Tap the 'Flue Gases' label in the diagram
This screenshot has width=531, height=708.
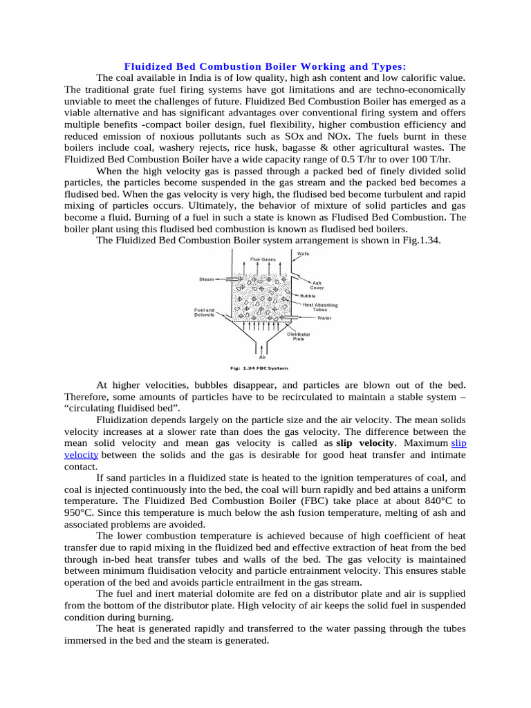click(262, 259)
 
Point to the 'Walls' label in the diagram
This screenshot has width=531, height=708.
click(303, 254)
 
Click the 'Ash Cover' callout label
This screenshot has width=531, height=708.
click(317, 285)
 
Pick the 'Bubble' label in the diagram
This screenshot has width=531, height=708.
click(308, 295)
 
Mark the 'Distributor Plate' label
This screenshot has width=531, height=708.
click(299, 337)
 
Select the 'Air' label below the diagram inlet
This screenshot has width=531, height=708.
click(262, 357)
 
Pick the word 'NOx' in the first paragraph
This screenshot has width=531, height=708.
click(332, 136)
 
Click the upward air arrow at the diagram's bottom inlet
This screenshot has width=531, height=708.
click(262, 346)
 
